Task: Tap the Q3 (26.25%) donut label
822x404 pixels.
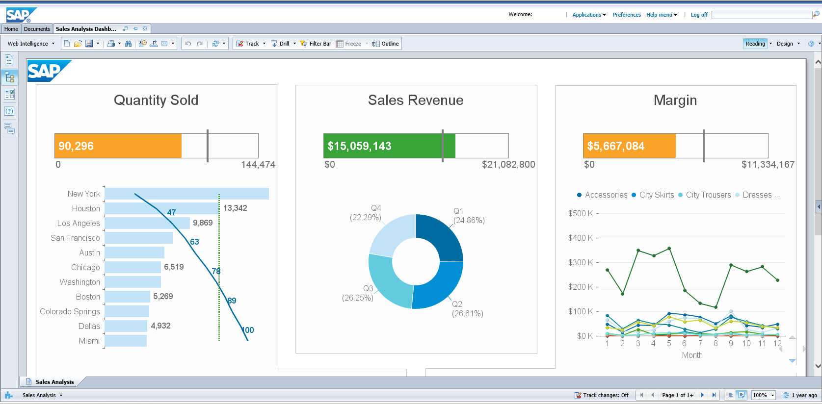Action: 358,293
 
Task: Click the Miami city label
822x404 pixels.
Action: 89,341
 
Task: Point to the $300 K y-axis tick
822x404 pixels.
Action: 581,262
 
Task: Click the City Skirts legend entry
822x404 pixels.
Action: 656,195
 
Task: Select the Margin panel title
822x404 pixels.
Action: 675,100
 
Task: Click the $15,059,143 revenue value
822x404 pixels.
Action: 359,146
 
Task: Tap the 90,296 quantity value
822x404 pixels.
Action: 76,146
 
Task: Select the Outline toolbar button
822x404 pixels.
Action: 386,44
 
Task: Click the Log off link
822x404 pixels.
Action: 699,15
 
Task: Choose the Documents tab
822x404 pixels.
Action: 37,29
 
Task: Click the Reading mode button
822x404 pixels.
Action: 755,44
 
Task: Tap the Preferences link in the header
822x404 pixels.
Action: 627,15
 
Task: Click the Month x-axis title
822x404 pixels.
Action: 692,355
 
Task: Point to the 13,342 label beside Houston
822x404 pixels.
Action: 235,208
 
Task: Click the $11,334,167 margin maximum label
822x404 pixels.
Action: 768,164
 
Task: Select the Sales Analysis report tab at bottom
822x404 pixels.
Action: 54,382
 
